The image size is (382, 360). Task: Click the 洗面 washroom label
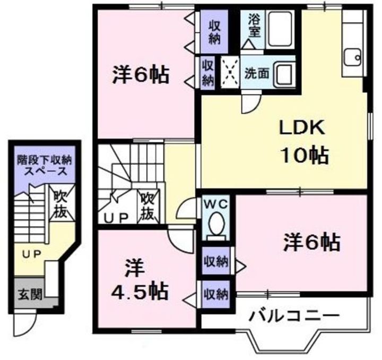tap(256, 73)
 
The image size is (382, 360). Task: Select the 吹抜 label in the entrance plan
tap(59, 204)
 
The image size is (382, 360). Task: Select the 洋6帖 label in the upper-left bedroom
tap(140, 76)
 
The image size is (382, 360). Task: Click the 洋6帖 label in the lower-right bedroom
tap(311, 243)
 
